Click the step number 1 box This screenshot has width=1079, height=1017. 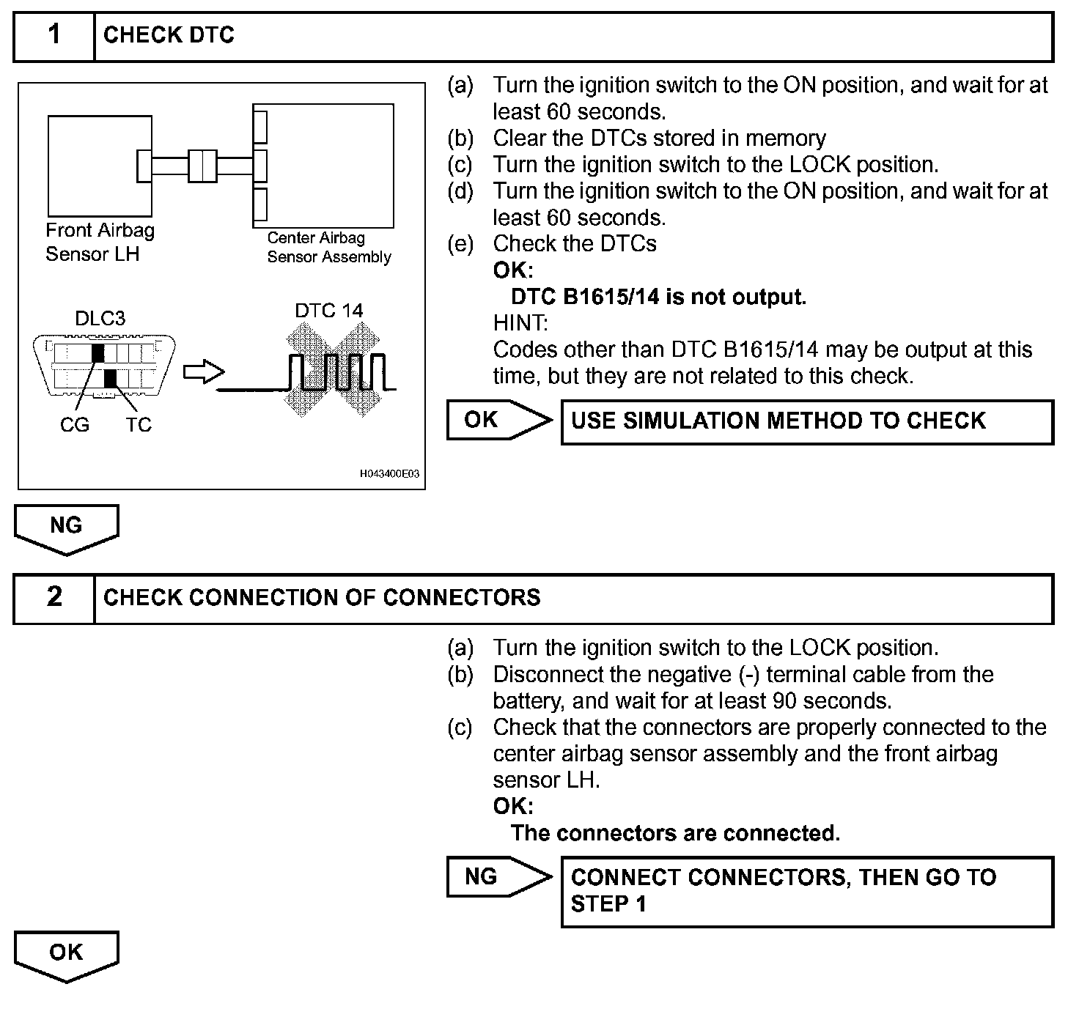point(54,35)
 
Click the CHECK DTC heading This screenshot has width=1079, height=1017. point(169,35)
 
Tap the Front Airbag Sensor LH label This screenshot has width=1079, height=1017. point(100,242)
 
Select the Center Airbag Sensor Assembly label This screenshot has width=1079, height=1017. point(328,247)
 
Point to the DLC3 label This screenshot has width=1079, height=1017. point(100,318)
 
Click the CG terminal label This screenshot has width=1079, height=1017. point(74,424)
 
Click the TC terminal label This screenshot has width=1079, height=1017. point(138,424)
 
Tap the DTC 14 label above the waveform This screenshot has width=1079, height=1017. point(328,311)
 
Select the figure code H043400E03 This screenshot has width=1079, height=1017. point(389,474)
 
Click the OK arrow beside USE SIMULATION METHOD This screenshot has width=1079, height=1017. point(498,420)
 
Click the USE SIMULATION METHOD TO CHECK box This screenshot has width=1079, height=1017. point(806,421)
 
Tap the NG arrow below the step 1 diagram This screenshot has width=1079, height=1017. point(66,528)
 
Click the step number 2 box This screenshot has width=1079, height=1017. point(54,597)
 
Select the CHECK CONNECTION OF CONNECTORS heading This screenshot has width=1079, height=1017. point(322,597)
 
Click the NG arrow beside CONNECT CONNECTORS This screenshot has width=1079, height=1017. point(498,876)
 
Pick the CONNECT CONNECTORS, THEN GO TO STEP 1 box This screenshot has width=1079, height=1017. point(806,890)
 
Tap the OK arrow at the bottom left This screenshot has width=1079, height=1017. point(66,954)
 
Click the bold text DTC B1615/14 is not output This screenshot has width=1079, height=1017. point(658,297)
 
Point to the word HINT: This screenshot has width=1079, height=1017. point(520,323)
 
